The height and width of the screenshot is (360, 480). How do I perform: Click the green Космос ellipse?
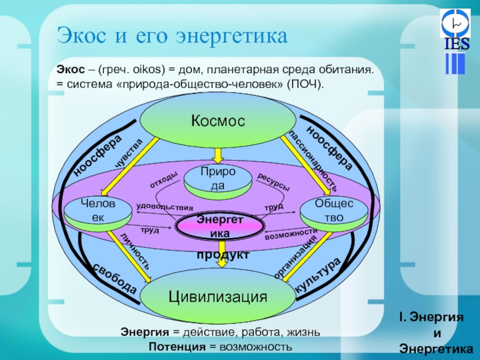[218, 121]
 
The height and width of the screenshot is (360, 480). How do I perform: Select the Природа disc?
[218, 178]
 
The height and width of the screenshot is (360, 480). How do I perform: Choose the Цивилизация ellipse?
[217, 296]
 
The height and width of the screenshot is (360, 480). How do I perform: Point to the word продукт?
[223, 255]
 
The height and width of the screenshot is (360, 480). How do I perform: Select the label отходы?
[164, 178]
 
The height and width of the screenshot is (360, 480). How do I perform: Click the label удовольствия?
[160, 206]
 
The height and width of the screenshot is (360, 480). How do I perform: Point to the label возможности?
[290, 234]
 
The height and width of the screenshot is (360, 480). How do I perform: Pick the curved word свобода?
[114, 278]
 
